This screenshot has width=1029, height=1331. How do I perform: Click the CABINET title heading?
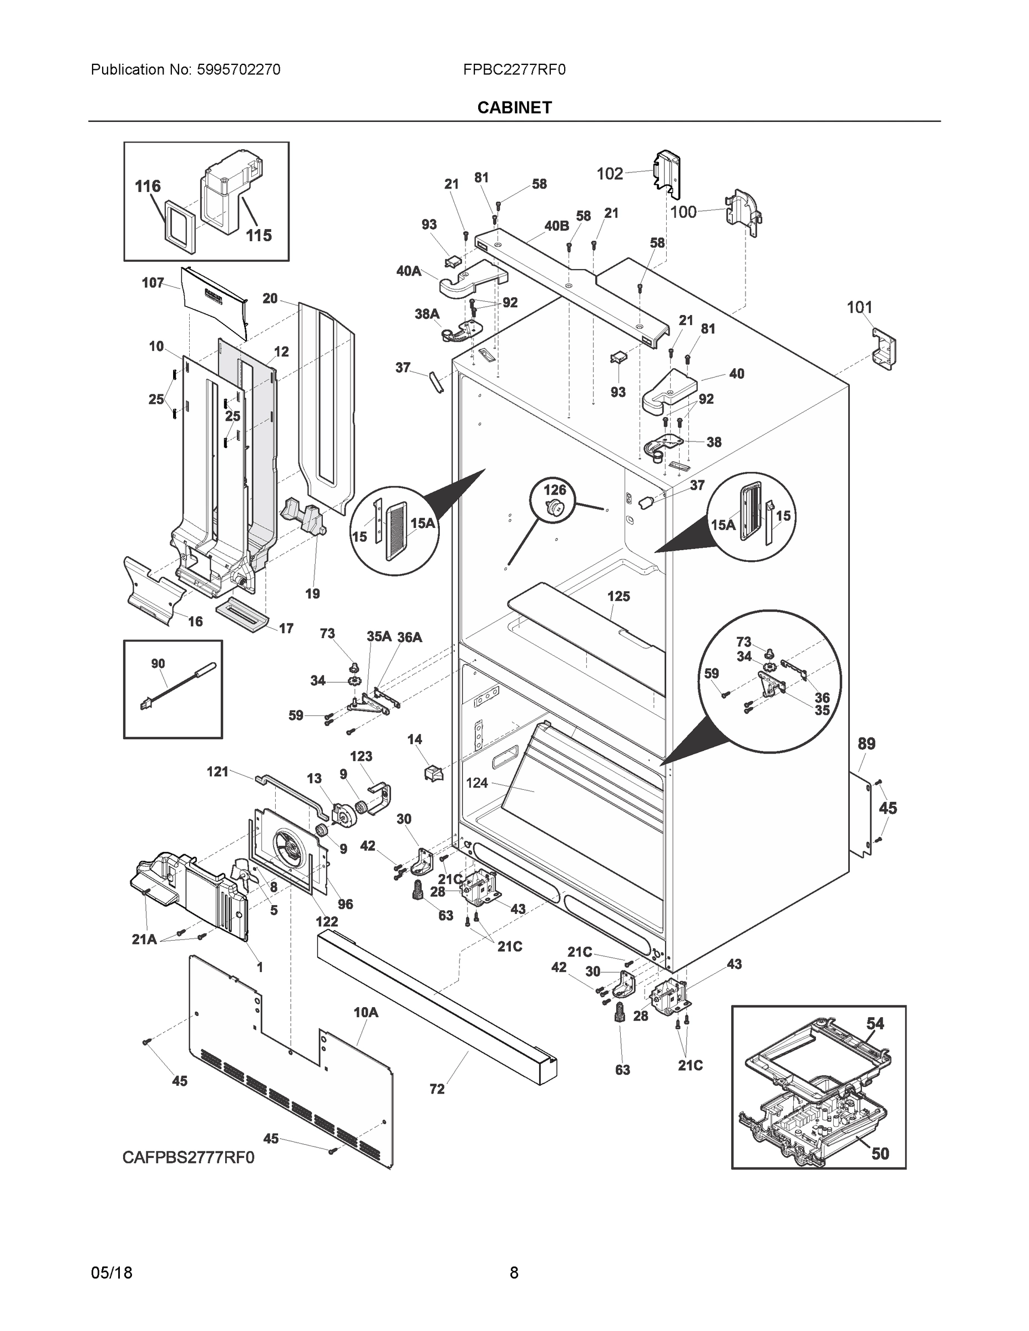(515, 108)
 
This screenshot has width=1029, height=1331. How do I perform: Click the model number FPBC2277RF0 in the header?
(514, 70)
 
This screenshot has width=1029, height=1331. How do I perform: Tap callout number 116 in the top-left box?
(148, 186)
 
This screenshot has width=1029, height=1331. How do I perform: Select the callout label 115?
(258, 235)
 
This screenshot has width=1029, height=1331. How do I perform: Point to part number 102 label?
(610, 174)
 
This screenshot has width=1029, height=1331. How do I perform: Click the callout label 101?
(859, 308)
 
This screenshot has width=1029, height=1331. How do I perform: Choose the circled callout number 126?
(555, 490)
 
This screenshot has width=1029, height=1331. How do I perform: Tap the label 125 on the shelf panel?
(618, 597)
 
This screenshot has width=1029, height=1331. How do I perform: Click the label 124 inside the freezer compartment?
(477, 783)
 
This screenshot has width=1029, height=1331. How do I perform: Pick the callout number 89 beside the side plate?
(866, 744)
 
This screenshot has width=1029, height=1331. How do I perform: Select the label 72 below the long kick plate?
(437, 1089)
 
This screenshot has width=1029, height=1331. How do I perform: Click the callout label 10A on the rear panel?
(366, 1012)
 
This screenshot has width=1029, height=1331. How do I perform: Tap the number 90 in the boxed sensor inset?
(158, 664)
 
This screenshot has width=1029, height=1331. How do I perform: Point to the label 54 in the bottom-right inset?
(875, 1023)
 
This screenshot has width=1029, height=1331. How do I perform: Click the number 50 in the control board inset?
(880, 1153)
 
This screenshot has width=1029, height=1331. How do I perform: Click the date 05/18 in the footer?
(111, 1273)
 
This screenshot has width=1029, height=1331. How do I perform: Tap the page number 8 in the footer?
(514, 1273)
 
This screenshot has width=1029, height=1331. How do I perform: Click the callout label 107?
(153, 283)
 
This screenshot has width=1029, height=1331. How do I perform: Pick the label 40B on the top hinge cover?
(556, 226)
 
